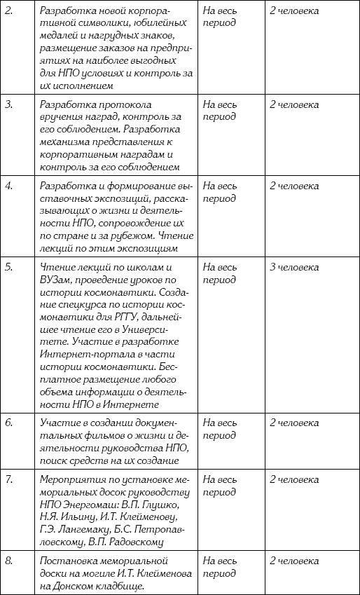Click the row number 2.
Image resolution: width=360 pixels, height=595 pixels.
(9, 11)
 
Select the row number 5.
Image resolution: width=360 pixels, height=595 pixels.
(9, 267)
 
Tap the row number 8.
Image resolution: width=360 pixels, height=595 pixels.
(9, 561)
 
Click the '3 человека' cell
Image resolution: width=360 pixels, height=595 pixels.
(294, 267)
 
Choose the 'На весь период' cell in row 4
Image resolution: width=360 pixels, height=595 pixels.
(219, 192)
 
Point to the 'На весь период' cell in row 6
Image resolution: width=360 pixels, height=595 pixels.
(219, 429)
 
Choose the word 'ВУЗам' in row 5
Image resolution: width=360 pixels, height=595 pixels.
(57, 280)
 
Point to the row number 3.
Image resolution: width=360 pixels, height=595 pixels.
(9, 104)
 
